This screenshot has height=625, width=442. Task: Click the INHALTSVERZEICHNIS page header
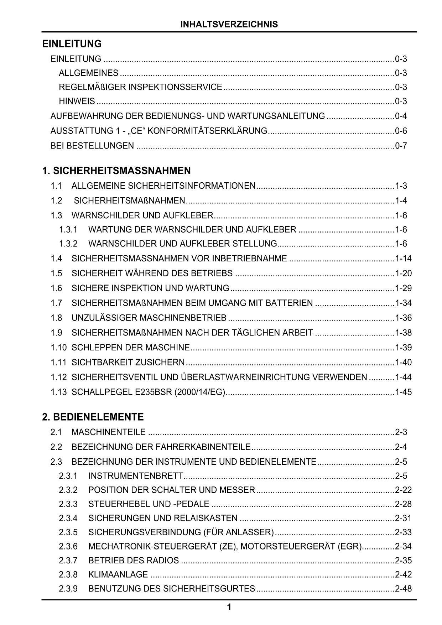[229, 24]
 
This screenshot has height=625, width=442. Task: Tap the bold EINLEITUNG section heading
[72, 44]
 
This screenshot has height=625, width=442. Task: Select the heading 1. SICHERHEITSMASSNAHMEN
[116, 171]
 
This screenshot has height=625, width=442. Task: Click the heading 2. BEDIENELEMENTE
[93, 417]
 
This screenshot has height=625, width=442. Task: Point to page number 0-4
[401, 116]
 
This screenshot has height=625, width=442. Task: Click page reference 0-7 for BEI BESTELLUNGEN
[401, 146]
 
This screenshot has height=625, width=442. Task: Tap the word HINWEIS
[77, 101]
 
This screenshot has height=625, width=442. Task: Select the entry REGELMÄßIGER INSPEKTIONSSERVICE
[140, 87]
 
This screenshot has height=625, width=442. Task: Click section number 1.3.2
[68, 244]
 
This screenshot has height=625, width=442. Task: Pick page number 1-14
[403, 259]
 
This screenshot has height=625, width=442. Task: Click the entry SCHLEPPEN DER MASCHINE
[130, 348]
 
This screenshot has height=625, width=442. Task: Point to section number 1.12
[58, 377]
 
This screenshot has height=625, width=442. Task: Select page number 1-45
[403, 392]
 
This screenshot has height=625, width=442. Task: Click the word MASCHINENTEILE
[108, 432]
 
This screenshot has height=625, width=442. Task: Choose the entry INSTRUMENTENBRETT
[135, 476]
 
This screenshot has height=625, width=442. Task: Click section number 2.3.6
[68, 546]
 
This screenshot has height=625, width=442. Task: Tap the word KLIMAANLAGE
[118, 574]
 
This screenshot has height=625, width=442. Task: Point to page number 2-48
[403, 589]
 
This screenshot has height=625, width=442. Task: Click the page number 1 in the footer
[229, 607]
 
